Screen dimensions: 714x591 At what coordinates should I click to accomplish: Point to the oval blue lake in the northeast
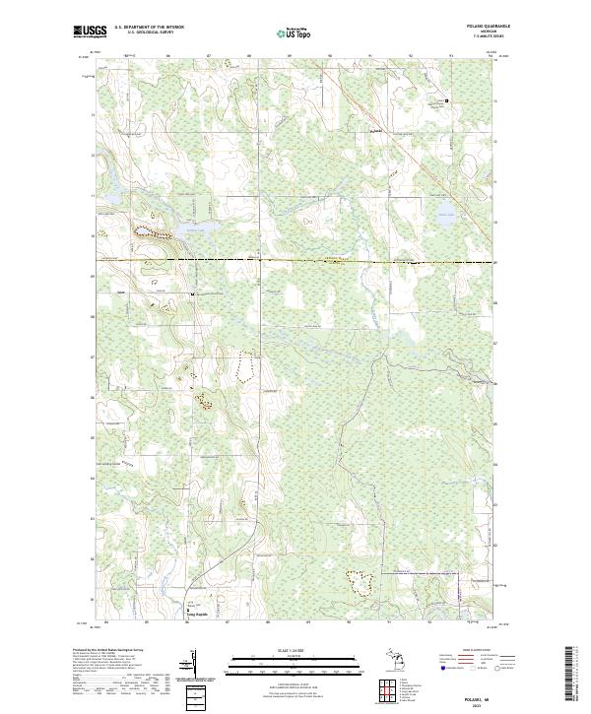coord(446,218)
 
